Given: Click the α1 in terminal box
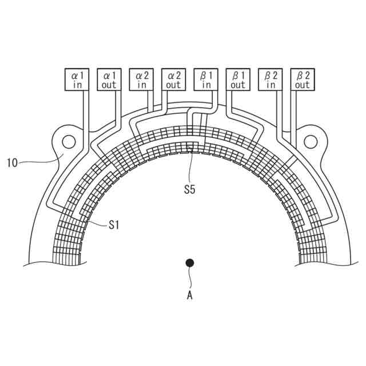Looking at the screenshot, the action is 77,79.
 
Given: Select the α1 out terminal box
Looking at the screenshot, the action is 109,79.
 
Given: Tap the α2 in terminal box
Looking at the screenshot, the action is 142,79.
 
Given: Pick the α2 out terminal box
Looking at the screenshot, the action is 174,79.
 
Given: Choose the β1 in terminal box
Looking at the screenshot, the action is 206,79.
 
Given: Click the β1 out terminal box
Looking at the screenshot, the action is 238,79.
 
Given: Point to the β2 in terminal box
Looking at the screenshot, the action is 271,79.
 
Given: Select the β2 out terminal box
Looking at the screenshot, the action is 303,79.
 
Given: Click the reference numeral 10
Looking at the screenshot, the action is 13,163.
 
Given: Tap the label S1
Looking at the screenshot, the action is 114,225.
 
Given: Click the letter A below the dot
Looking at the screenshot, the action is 190,295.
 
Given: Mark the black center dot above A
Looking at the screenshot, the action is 190,263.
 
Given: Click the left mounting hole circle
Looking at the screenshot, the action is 69,141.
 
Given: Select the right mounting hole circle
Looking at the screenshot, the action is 311,141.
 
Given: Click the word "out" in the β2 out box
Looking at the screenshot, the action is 303,85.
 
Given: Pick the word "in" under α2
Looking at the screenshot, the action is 142,85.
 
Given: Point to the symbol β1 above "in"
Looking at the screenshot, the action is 206,74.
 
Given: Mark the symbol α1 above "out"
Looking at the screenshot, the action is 109,74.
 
